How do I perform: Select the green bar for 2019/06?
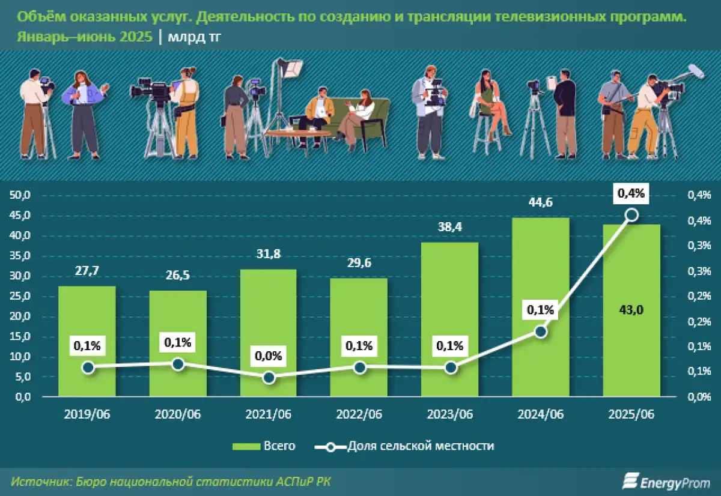(87, 341)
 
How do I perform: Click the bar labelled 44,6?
(541, 306)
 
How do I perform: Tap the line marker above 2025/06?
(631, 214)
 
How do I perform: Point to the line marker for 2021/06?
(269, 377)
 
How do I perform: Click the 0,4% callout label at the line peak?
(631, 193)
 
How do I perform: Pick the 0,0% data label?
(269, 355)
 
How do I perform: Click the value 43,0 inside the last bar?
(631, 310)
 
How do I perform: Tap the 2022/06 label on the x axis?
(359, 415)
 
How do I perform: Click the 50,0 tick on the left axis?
(22, 195)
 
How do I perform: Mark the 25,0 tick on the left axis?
(22, 296)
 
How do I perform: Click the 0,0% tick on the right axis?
(698, 397)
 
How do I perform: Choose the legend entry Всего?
(264, 446)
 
